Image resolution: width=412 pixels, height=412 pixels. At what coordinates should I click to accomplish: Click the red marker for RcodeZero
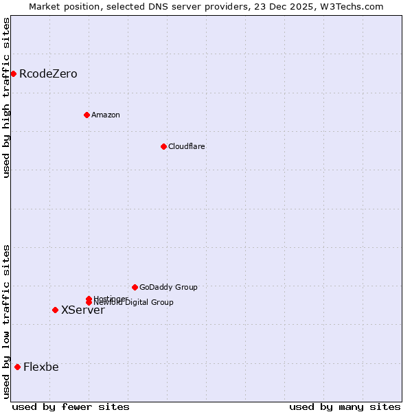[x=13, y=73]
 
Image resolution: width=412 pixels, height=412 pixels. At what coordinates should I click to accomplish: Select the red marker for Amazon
[x=87, y=115]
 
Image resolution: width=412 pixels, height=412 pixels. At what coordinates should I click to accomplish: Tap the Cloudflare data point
[x=163, y=146]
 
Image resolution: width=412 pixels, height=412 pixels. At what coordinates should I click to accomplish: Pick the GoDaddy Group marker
[x=135, y=287]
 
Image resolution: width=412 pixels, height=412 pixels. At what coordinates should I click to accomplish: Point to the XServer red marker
[x=55, y=310]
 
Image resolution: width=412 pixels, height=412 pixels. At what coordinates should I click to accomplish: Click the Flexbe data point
[x=17, y=367]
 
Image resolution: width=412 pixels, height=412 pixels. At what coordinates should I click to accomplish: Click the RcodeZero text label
[x=48, y=73]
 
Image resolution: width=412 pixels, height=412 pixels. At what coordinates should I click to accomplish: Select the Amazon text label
[x=106, y=115]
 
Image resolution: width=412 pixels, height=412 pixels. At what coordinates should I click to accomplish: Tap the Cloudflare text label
[x=187, y=146]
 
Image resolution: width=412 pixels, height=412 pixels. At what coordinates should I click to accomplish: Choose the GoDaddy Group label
[x=168, y=287]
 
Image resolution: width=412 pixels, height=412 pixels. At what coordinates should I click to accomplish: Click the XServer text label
[x=83, y=310]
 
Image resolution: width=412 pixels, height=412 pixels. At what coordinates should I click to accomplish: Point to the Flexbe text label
[x=41, y=367]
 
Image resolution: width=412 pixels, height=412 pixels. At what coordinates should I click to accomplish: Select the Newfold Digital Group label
[x=135, y=303]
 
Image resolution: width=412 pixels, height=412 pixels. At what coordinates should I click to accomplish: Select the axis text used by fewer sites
[x=71, y=407]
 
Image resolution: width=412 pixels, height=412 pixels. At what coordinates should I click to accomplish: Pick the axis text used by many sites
[x=345, y=407]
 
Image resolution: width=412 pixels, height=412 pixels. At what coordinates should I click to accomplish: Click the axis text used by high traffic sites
[x=6, y=98]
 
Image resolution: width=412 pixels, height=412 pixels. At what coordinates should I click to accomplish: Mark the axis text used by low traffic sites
[x=6, y=321]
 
